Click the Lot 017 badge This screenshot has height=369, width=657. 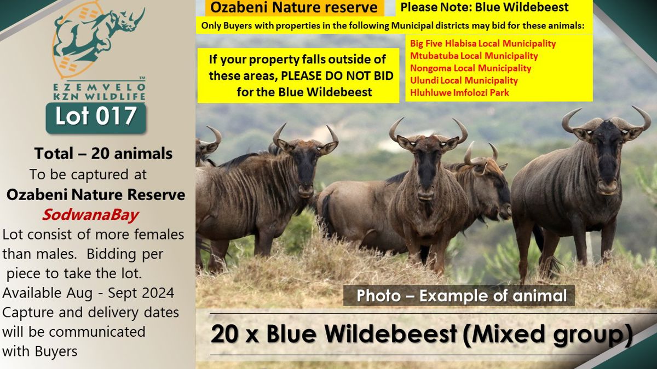pyautogui.click(x=96, y=118)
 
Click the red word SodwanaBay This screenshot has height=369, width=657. pyautogui.click(x=90, y=215)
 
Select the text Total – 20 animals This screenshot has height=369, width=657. pyautogui.click(x=103, y=154)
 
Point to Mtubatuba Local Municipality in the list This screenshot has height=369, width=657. pyautogui.click(x=474, y=56)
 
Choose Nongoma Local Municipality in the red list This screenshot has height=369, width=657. pyautogui.click(x=470, y=68)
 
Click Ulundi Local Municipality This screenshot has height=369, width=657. pyautogui.click(x=464, y=80)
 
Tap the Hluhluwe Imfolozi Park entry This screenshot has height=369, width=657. pyautogui.click(x=459, y=93)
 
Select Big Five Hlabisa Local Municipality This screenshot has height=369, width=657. pyautogui.click(x=483, y=44)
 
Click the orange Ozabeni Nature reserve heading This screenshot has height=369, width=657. pyautogui.click(x=294, y=8)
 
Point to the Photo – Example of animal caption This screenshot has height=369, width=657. pyautogui.click(x=462, y=296)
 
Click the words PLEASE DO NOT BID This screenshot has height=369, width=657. pyautogui.click(x=337, y=76)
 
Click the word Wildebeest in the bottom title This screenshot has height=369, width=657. pyautogui.click(x=361, y=334)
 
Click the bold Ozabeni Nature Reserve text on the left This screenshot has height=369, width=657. pyautogui.click(x=96, y=195)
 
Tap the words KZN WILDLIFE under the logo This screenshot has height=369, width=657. pyautogui.click(x=99, y=97)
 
